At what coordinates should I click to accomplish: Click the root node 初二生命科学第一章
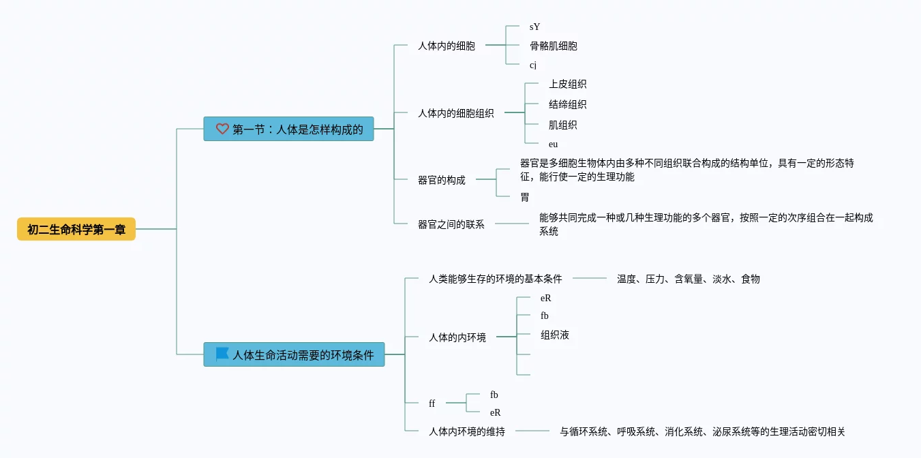point(76,230)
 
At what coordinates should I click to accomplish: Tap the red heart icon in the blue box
point(222,129)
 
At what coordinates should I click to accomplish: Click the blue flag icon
point(222,354)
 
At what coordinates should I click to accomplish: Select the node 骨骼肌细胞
point(553,46)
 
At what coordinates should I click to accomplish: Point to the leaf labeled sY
point(534,27)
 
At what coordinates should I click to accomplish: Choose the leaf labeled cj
point(533,65)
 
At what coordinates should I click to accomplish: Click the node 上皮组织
point(567,85)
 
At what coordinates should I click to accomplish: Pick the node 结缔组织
point(567,105)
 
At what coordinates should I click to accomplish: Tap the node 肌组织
point(562,125)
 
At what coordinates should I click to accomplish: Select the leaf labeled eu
point(553,144)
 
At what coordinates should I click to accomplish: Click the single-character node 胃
point(524,198)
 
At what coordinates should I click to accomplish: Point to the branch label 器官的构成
point(441,181)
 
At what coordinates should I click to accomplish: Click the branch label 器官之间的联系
point(451,224)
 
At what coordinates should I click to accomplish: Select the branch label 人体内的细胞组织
point(455,114)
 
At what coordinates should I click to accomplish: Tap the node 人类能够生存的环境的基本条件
point(495,279)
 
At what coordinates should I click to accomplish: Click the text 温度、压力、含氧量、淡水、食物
point(688,279)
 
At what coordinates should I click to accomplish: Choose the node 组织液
point(554,335)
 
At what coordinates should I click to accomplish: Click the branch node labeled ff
point(432,403)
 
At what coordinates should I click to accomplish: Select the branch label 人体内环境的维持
point(466,431)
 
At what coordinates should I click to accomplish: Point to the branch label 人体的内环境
point(457,337)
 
